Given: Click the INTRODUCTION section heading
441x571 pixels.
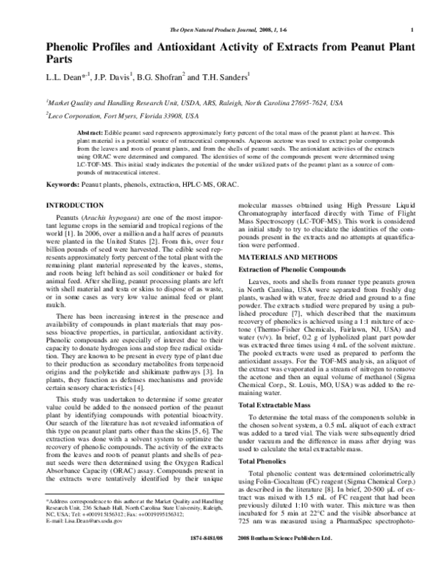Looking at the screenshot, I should pyautogui.click(x=75, y=204).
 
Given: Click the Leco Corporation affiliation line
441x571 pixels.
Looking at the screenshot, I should pyautogui.click(x=122, y=116).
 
